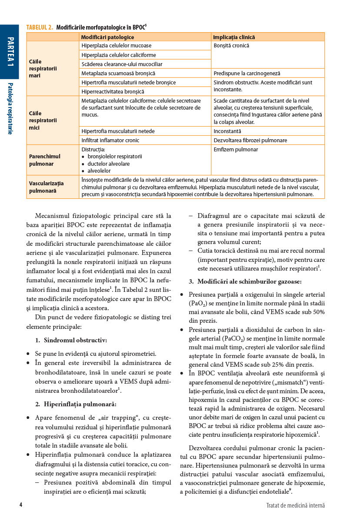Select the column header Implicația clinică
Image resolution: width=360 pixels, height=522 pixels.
(x=234, y=37)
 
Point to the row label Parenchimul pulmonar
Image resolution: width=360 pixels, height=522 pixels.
(x=44, y=160)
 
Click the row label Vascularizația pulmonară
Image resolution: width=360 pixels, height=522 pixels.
(x=46, y=187)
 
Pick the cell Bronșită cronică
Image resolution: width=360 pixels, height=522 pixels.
(x=231, y=46)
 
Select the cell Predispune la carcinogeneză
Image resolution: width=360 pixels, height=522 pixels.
(x=247, y=74)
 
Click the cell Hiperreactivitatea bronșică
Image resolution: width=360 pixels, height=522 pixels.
(x=113, y=92)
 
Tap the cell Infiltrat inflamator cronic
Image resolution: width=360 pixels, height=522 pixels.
(x=110, y=140)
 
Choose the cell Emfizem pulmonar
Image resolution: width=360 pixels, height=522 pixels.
(x=236, y=150)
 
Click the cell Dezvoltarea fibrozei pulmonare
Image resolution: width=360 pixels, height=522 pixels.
(x=250, y=140)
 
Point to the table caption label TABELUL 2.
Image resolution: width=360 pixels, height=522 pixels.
(x=40, y=27)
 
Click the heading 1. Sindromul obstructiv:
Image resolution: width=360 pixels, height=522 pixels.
(x=71, y=340)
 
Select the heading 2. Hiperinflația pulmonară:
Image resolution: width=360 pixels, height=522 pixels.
(x=76, y=404)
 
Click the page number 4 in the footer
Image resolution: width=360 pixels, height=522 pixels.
(x=20, y=505)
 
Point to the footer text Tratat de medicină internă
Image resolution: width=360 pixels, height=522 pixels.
(x=295, y=505)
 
